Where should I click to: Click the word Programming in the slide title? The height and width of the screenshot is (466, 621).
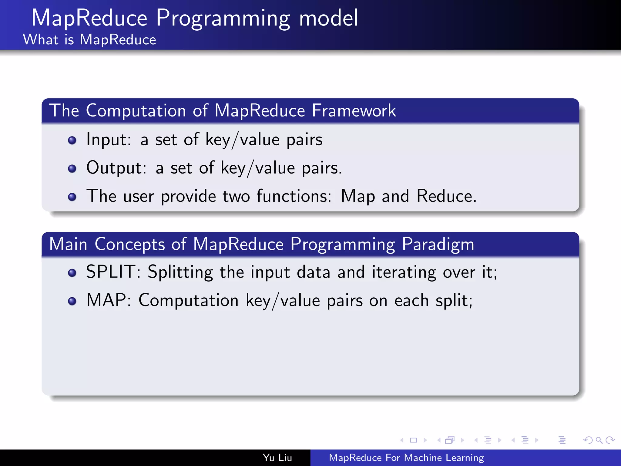pyautogui.click(x=223, y=19)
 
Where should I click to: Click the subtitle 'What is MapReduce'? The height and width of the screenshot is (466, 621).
pyautogui.click(x=89, y=40)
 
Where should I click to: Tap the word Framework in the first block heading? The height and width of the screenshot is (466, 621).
pyautogui.click(x=354, y=110)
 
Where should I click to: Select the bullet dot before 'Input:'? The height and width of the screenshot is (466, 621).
pyautogui.click(x=72, y=140)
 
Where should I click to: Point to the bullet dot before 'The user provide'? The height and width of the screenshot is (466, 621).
pyautogui.click(x=72, y=197)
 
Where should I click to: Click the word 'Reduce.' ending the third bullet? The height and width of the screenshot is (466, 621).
pyautogui.click(x=446, y=196)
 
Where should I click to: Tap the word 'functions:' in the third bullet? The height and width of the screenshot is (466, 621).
pyautogui.click(x=294, y=196)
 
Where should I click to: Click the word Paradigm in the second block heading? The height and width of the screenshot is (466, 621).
pyautogui.click(x=438, y=244)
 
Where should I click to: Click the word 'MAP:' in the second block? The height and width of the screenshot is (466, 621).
pyautogui.click(x=109, y=300)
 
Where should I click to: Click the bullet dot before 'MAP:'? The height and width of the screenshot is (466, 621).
pyautogui.click(x=72, y=301)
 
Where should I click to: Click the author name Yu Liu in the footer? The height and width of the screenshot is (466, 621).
pyautogui.click(x=277, y=458)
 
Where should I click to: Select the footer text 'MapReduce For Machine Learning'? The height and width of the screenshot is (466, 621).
pyautogui.click(x=406, y=458)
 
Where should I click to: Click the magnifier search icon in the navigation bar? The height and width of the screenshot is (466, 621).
pyautogui.click(x=599, y=440)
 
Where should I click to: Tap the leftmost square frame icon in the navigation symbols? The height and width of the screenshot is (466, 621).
pyautogui.click(x=413, y=440)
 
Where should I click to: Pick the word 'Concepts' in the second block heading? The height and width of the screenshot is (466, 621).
pyautogui.click(x=130, y=244)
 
